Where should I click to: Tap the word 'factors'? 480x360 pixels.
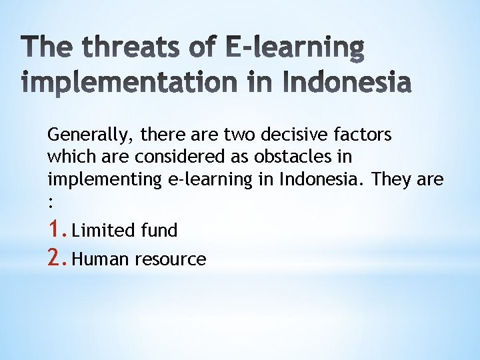point(366,135)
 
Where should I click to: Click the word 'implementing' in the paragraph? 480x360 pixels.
point(103,180)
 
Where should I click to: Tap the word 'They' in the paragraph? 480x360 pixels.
point(391,179)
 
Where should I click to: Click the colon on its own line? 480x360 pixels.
point(50,203)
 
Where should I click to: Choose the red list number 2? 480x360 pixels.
point(56,258)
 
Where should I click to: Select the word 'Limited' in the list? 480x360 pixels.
point(103,231)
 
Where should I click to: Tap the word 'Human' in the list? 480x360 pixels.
point(101,259)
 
